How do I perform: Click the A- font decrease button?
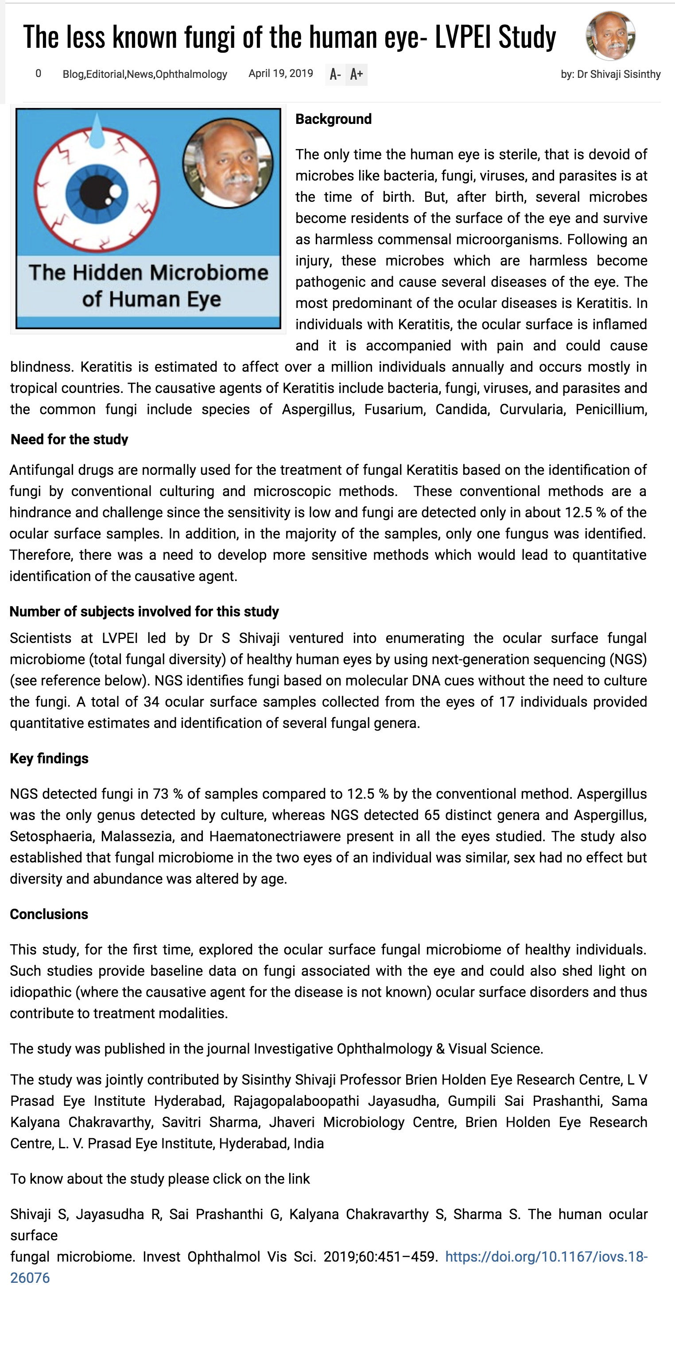tap(335, 74)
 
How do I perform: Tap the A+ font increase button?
tap(357, 74)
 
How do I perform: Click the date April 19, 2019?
tap(280, 73)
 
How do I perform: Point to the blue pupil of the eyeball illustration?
tap(97, 192)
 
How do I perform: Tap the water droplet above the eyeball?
tap(97, 133)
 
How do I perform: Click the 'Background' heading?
tap(333, 119)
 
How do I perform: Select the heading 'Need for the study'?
tap(69, 439)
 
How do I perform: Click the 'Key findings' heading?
tap(49, 758)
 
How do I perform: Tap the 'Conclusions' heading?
tap(49, 914)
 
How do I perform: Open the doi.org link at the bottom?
tap(546, 1257)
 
